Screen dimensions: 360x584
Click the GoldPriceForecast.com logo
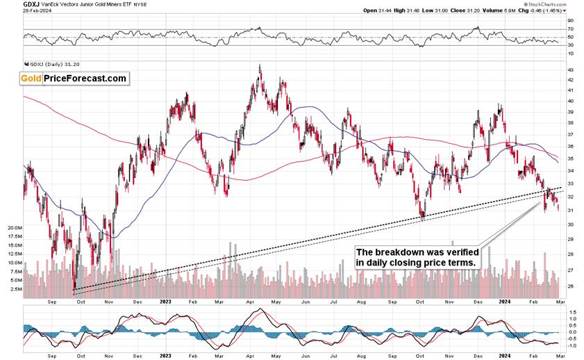click(x=74, y=79)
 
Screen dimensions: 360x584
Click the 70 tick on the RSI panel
click(x=570, y=29)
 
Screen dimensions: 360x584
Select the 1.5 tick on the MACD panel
click(x=571, y=313)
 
